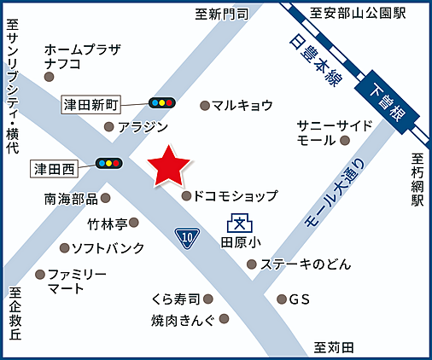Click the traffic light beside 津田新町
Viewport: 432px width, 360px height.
point(161,103)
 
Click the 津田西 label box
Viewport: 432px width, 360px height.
point(54,167)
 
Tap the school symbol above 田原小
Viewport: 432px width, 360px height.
point(239,226)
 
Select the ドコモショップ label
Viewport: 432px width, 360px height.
point(235,196)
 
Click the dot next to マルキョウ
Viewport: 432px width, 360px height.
point(205,105)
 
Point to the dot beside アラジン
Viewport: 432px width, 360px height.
point(108,127)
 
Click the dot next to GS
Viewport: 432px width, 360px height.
point(282,299)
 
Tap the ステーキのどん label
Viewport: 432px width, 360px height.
point(306,264)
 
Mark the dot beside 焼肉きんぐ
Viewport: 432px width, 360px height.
point(224,319)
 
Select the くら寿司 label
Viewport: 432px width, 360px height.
point(175,299)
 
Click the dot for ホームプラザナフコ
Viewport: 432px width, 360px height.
point(49,77)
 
